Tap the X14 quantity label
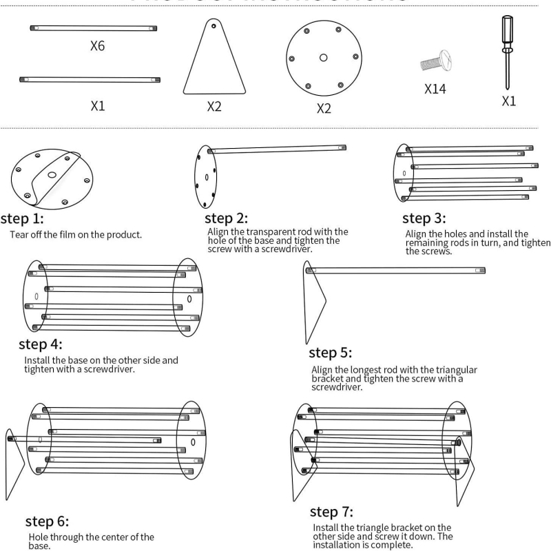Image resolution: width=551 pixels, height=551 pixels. [438, 89]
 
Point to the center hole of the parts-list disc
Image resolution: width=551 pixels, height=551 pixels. [324, 58]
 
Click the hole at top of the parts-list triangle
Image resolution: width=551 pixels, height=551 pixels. [215, 26]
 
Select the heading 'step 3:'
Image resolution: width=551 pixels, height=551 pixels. [424, 218]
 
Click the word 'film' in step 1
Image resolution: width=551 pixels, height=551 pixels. [76, 235]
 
